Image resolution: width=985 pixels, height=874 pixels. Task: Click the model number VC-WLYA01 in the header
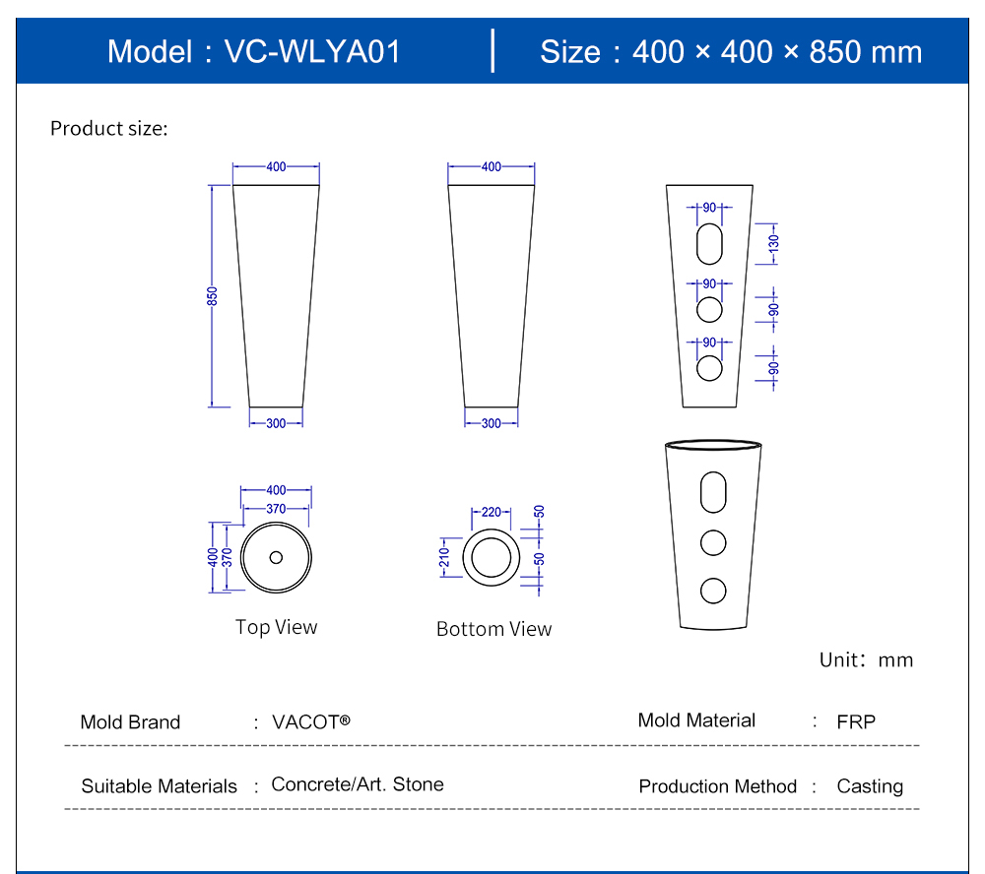point(312,51)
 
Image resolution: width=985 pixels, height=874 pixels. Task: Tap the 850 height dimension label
point(213,296)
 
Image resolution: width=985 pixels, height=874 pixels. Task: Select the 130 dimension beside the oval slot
point(774,243)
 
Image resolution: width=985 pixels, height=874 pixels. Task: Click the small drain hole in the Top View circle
point(276,557)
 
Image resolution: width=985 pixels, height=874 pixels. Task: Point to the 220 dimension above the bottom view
point(492,513)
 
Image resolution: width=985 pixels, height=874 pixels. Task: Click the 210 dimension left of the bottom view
point(445,557)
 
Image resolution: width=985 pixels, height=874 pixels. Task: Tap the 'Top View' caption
point(277,627)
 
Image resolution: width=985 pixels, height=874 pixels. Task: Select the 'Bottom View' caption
point(493,629)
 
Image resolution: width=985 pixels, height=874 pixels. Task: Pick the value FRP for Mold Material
point(856,722)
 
